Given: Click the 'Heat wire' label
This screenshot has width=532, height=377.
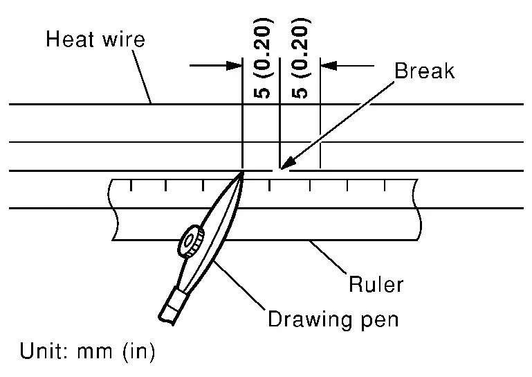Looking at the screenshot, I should tap(95, 39).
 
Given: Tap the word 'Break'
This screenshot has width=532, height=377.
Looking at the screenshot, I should tap(424, 71).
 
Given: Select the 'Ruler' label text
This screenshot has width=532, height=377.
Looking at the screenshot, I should tap(376, 284).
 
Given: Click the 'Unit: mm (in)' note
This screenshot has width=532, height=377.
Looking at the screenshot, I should tap(87, 352).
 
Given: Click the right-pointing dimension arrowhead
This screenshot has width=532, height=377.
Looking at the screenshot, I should tap(235, 66).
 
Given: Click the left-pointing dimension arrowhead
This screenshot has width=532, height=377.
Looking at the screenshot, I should tap(328, 66).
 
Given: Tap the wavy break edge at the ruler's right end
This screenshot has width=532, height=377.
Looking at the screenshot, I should tap(417, 208).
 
